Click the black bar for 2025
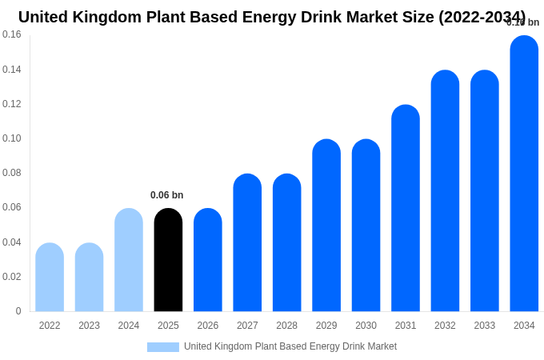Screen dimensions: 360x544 [x=168, y=260]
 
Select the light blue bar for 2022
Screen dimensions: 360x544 [x=50, y=277]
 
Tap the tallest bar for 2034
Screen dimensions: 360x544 [x=524, y=174]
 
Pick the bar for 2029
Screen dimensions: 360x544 [x=326, y=226]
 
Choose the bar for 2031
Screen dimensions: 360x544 [x=406, y=208]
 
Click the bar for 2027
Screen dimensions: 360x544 [x=247, y=242]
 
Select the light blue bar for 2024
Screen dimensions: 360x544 [x=129, y=260]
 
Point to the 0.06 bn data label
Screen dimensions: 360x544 [x=166, y=195]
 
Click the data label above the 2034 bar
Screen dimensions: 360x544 [x=523, y=22]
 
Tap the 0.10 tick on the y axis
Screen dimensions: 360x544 [x=12, y=138]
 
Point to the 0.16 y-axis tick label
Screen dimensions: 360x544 [x=12, y=34]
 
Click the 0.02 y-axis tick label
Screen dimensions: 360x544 [x=12, y=277]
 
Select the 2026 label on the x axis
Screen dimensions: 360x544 [x=208, y=326]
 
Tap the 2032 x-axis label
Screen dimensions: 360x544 [x=445, y=326]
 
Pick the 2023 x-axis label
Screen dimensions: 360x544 [x=89, y=326]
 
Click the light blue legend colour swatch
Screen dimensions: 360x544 [x=163, y=347]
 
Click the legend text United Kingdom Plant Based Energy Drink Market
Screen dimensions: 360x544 [x=290, y=346]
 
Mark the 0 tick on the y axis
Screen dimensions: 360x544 [x=18, y=311]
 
